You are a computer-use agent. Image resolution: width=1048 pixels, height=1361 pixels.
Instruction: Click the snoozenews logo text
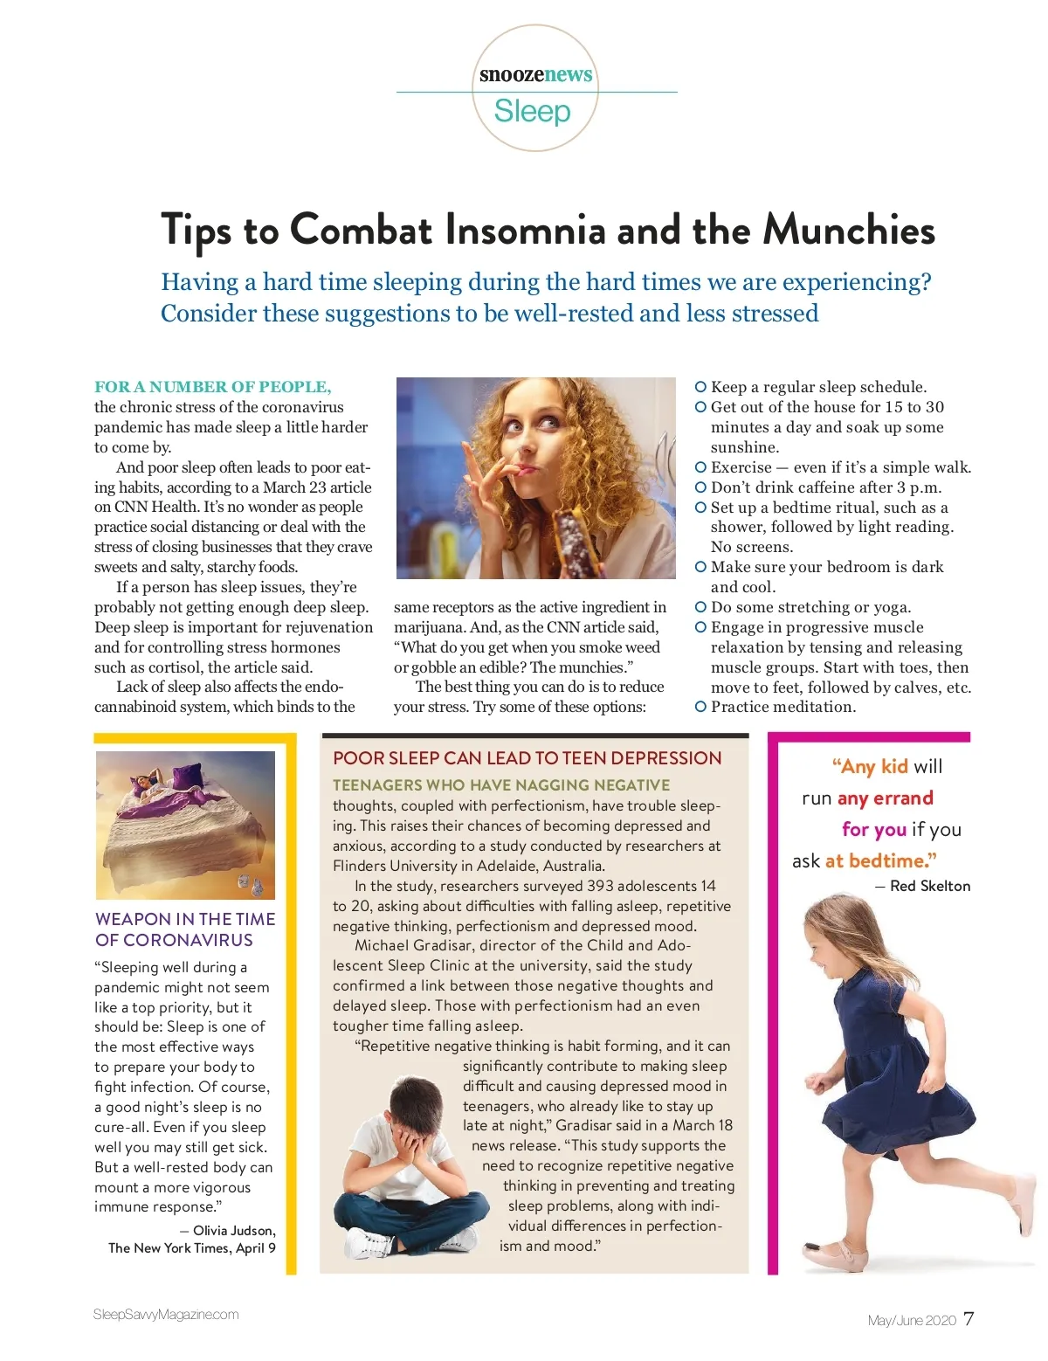coord(535,74)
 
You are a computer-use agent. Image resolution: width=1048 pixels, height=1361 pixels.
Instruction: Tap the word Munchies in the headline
coord(849,230)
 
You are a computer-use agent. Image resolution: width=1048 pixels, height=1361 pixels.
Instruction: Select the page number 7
coord(969,1319)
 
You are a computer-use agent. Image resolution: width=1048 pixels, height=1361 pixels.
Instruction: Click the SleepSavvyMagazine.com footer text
coord(166,1315)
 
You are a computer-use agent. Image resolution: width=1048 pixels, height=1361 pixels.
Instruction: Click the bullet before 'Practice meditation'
coord(700,707)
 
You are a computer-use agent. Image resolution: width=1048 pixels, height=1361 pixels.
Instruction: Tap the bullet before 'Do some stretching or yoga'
coord(700,606)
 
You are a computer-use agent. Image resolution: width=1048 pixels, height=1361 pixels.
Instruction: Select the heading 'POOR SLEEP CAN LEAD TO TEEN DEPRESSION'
coord(527,758)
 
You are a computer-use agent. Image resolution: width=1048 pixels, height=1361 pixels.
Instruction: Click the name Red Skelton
coord(930,886)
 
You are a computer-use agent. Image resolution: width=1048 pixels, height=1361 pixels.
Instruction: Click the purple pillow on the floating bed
coord(187,777)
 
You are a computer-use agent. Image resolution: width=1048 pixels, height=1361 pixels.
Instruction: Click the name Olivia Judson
coord(234,1230)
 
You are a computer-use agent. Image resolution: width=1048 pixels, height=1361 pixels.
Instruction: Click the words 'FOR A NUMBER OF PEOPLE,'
coord(213,387)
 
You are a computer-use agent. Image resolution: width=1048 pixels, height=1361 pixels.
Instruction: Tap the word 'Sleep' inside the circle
coord(532,112)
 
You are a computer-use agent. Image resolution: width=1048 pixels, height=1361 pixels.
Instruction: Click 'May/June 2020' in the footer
coord(912,1320)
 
